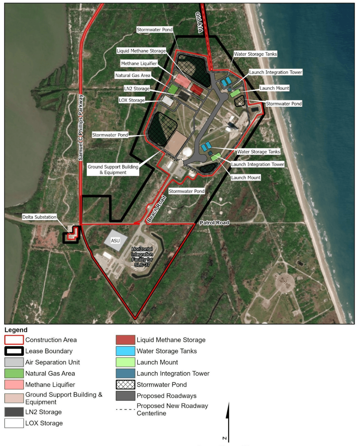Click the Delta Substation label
(x=39, y=217)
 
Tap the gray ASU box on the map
(x=116, y=240)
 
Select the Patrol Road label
(x=214, y=223)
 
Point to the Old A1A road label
(x=199, y=22)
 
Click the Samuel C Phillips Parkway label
(x=81, y=127)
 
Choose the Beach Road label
(x=156, y=209)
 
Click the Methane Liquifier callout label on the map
(x=139, y=64)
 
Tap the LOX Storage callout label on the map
(x=132, y=100)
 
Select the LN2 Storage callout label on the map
(x=137, y=88)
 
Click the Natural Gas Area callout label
(x=133, y=75)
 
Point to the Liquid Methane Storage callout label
(x=141, y=51)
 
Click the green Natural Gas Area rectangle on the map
(x=173, y=89)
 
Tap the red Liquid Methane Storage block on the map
(x=197, y=89)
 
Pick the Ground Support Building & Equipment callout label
(x=113, y=170)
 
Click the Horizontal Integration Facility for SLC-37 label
(x=142, y=257)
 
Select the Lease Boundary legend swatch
(x=14, y=351)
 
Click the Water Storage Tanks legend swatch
(x=125, y=351)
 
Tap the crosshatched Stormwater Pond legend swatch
(x=125, y=384)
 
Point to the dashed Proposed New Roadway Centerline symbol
(x=125, y=409)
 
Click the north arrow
(x=228, y=422)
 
